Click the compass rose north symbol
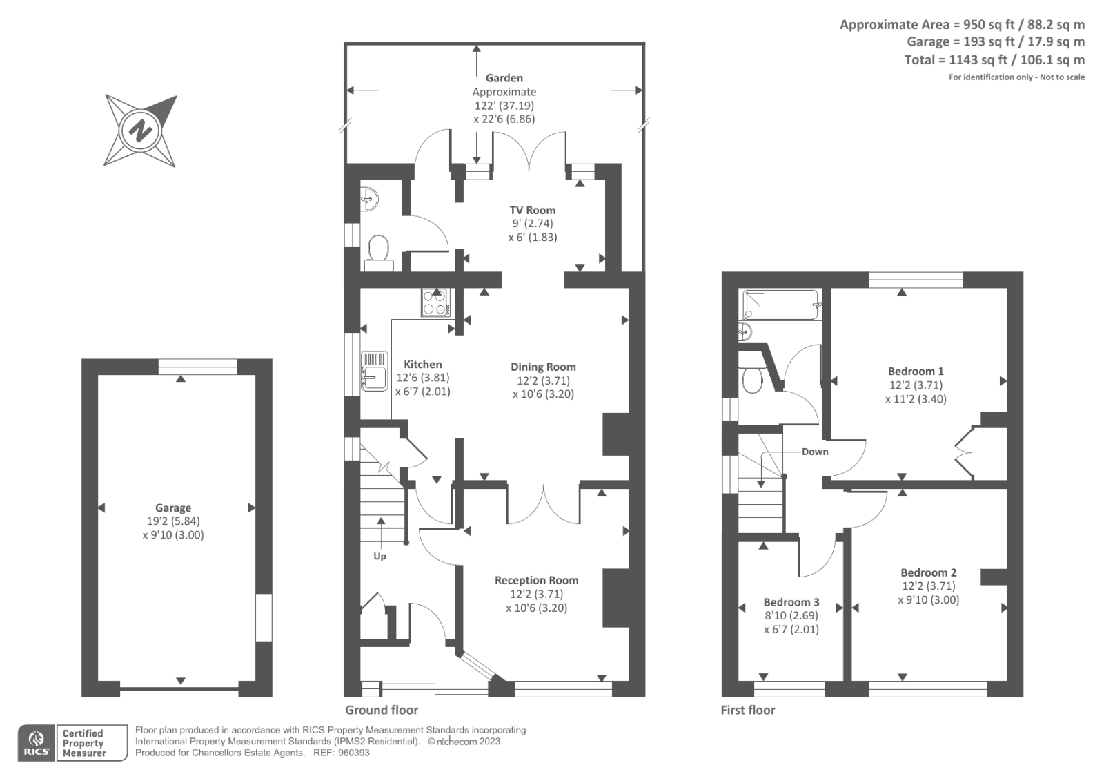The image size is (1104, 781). tap(141, 130)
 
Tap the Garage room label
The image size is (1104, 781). tap(172, 508)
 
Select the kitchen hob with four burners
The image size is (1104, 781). tap(435, 302)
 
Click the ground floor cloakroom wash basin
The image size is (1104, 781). tap(369, 199)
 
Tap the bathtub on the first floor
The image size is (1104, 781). tap(782, 305)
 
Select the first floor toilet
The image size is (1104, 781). tap(750, 378)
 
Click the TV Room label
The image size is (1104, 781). tap(532, 210)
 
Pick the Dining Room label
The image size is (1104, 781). tap(543, 367)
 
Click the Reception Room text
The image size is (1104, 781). tap(536, 580)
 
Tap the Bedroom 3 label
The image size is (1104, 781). tap(791, 602)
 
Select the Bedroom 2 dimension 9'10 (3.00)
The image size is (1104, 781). tap(928, 599)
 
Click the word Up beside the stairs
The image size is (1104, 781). tap(379, 556)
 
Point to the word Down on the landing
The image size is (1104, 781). tap(815, 452)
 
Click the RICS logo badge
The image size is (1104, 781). tap(36, 742)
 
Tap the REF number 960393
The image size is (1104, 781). tap(353, 753)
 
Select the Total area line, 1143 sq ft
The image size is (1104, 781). tap(994, 60)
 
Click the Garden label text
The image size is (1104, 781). tap(504, 78)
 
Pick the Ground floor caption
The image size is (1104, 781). tap(382, 710)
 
